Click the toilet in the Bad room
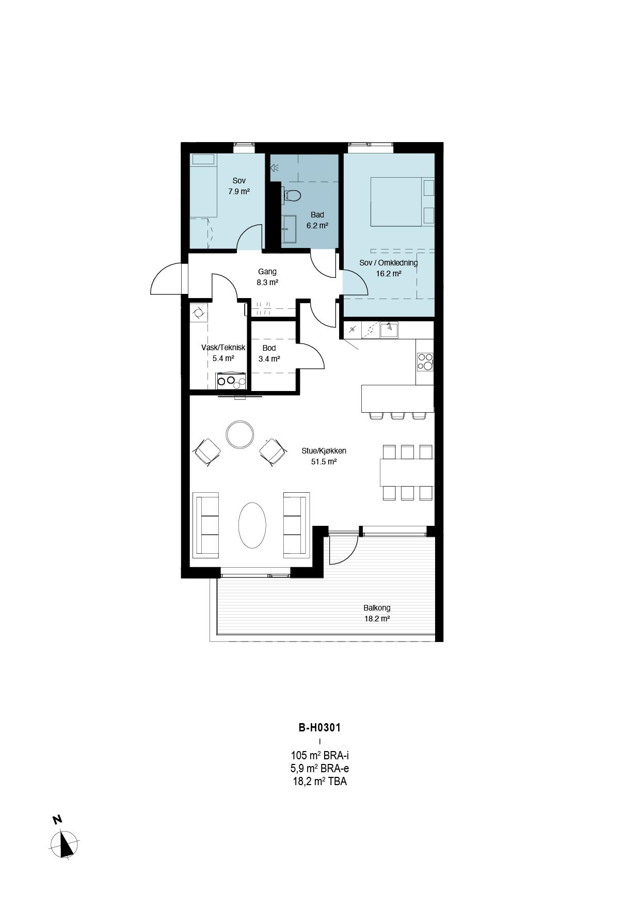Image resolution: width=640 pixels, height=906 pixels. coord(292,196)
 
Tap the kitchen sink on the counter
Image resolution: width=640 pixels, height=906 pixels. coord(389,330)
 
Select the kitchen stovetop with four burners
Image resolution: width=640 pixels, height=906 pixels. coord(425,362)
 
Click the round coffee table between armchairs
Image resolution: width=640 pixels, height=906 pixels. coord(239,435)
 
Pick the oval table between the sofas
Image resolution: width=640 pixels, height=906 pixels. coord(252,525)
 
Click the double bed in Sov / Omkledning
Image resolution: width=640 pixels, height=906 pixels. coord(403,201)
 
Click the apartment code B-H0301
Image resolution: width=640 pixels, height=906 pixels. coord(320,728)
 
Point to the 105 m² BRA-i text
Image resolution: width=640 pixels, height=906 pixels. coord(320,756)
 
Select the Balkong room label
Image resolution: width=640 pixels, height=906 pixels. coord(377,608)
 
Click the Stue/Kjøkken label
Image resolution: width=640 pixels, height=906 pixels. coord(324,451)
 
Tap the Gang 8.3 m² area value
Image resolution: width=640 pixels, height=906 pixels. coord(267,283)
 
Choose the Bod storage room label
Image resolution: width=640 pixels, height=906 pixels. coord(269,348)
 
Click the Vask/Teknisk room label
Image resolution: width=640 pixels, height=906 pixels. coord(223,348)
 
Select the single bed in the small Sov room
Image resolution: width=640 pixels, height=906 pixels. coord(203,185)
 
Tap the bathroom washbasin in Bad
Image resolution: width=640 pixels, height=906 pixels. coord(289,229)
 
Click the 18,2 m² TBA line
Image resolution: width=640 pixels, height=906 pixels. coord(320,781)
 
